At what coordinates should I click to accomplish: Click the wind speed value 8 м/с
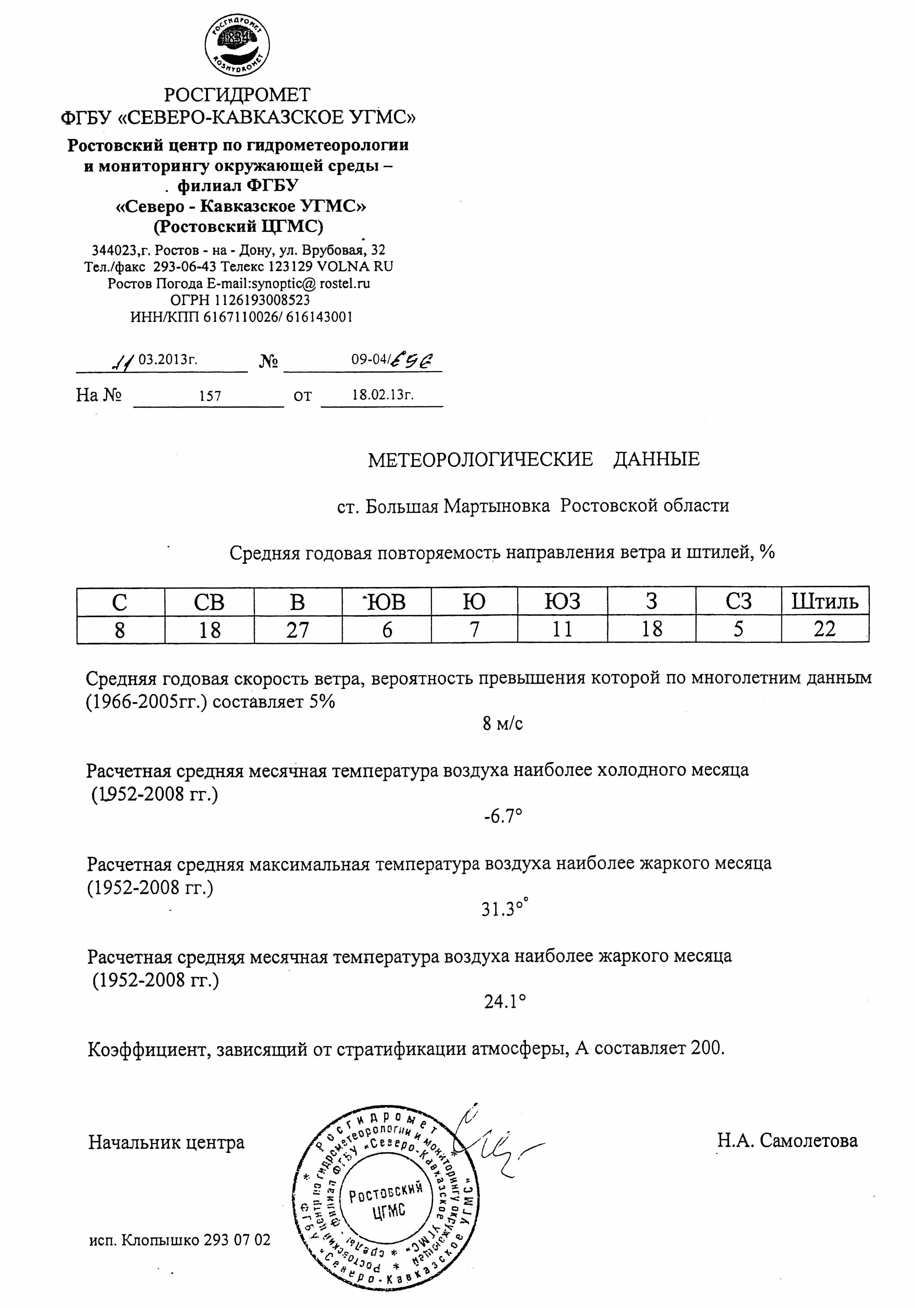[503, 724]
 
